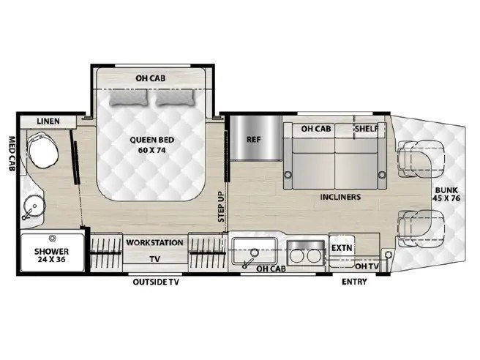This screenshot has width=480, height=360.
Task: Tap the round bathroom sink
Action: pyautogui.click(x=34, y=206)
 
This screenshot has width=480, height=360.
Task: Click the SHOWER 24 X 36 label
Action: pyautogui.click(x=51, y=255)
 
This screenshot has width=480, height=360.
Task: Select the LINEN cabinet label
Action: pyautogui.click(x=48, y=121)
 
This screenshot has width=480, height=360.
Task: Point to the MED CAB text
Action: pyautogui.click(x=12, y=154)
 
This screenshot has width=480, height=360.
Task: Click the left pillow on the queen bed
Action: pyautogui.click(x=129, y=97)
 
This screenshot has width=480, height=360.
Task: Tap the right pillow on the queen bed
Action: pyautogui.click(x=175, y=97)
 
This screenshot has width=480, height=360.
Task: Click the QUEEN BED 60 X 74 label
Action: pyautogui.click(x=152, y=145)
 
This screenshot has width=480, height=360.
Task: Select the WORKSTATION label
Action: pyautogui.click(x=154, y=243)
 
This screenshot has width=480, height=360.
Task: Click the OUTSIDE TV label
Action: pyautogui.click(x=156, y=282)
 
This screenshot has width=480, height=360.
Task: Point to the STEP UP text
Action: pyautogui.click(x=221, y=206)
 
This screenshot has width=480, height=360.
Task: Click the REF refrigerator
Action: pyautogui.click(x=256, y=138)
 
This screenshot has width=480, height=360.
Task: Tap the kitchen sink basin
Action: pyautogui.click(x=255, y=251)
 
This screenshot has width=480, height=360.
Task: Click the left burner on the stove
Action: pyautogui.click(x=296, y=256)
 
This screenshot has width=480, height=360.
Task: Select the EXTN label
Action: pyautogui.click(x=342, y=247)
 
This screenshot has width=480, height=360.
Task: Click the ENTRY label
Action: pyautogui.click(x=354, y=282)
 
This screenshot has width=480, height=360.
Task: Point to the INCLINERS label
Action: pyautogui.click(x=340, y=197)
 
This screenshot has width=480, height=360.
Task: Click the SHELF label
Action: pyautogui.click(x=367, y=129)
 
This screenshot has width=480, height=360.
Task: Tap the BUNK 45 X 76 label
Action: pyautogui.click(x=446, y=194)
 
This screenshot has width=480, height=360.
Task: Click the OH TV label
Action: pyautogui.click(x=367, y=266)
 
